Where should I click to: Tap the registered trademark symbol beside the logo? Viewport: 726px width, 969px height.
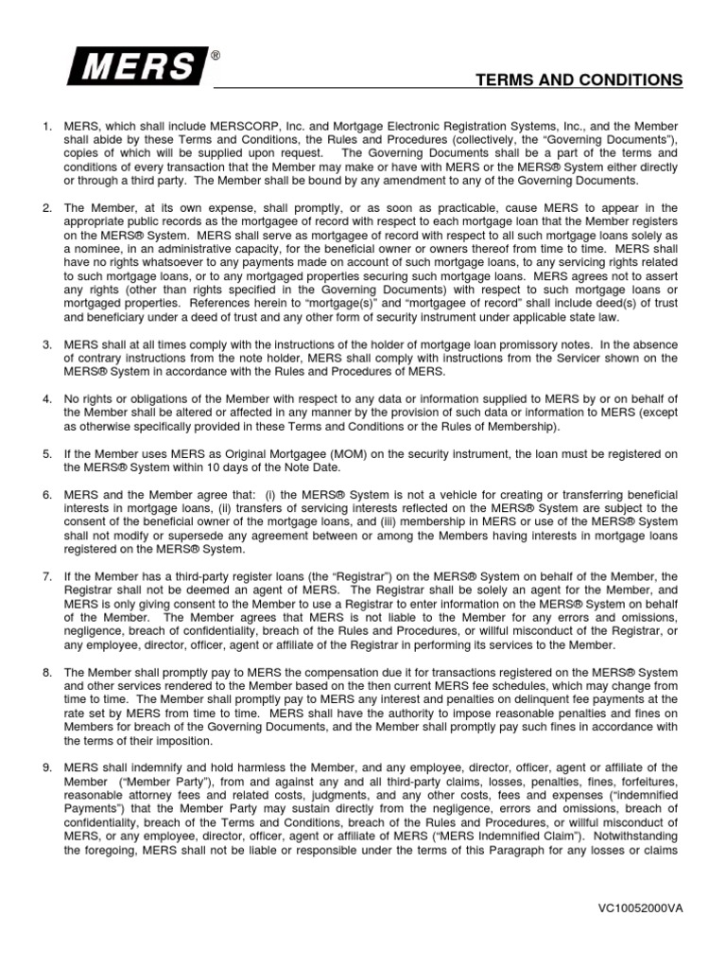pos(216,57)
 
